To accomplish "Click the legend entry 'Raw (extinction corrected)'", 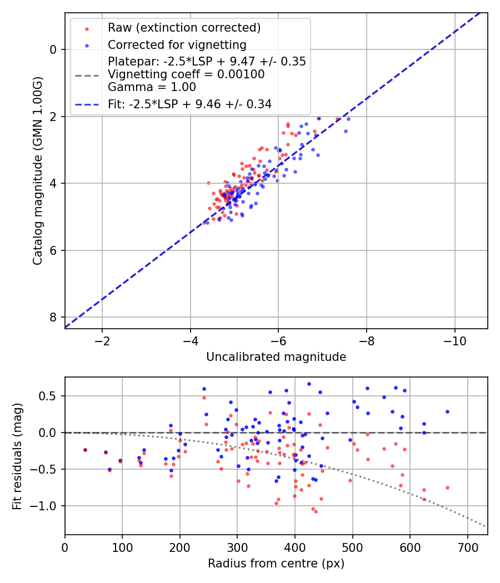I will (x=184, y=28).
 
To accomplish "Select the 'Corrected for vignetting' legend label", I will (x=177, y=44).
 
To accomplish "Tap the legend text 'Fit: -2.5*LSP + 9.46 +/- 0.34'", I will (x=189, y=104).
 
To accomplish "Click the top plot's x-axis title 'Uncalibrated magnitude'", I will (x=276, y=357).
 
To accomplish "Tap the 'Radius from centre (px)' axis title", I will (x=276, y=564).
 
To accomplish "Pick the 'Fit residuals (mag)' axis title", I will (x=17, y=456).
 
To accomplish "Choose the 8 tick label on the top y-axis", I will (x=53, y=317).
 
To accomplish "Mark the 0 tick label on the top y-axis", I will (x=53, y=49).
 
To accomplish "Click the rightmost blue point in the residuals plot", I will (x=447, y=411).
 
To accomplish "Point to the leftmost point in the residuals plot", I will (x=85, y=450).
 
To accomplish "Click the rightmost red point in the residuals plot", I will (x=447, y=487).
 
